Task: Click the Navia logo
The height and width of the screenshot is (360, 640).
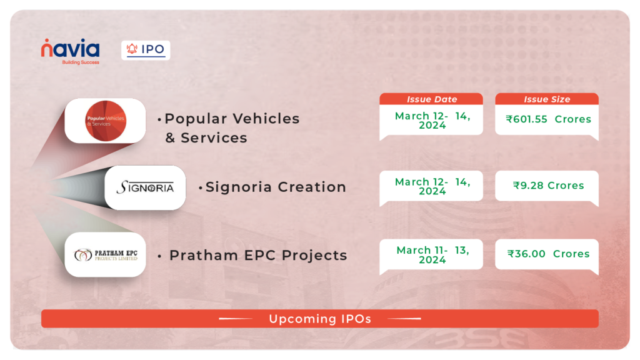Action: click(70, 51)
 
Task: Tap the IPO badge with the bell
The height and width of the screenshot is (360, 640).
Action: click(146, 50)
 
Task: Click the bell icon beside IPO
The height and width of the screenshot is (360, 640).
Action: click(132, 49)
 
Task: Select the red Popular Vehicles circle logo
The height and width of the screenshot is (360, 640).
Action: click(106, 121)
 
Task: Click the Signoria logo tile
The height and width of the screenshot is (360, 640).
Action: click(145, 187)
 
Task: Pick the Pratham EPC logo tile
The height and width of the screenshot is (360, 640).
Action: click(105, 255)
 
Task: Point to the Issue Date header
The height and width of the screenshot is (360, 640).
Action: click(431, 99)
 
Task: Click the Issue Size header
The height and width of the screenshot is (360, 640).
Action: click(547, 99)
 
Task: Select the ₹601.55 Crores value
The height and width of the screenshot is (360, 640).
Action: click(548, 119)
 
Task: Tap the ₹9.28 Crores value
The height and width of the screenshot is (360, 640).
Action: click(548, 185)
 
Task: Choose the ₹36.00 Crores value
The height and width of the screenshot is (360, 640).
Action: click(548, 254)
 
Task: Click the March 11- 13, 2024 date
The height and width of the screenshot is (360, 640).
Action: click(432, 255)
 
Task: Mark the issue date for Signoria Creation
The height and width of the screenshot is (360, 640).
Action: click(432, 186)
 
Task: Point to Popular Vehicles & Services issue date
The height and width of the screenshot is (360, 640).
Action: click(432, 121)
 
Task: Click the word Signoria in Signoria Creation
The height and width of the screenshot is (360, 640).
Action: click(238, 187)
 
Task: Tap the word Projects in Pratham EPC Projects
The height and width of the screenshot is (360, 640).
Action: click(314, 256)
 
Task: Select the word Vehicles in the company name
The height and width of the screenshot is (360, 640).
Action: click(266, 119)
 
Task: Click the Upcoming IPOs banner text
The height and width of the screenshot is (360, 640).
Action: click(320, 319)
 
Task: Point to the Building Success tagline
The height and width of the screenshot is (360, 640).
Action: click(81, 62)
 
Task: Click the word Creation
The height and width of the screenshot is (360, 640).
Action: click(312, 187)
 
